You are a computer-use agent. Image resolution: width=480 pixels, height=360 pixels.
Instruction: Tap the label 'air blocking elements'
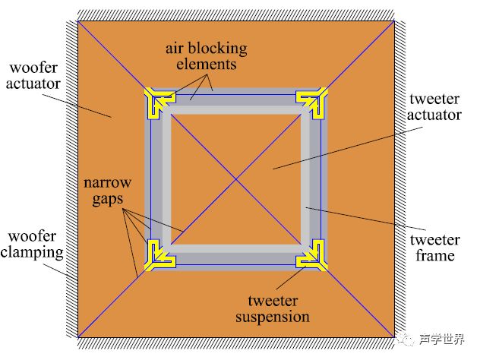207,57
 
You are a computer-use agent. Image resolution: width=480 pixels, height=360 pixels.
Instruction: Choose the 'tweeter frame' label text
434,248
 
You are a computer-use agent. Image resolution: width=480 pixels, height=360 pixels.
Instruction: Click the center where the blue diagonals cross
236,178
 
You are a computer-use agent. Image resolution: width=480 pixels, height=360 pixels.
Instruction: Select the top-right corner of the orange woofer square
395,20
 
